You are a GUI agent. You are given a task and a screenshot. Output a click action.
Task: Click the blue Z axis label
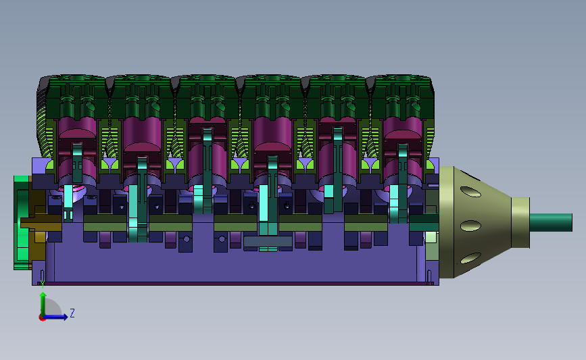pyautogui.click(x=72, y=313)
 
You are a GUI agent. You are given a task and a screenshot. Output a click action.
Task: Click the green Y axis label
pyautogui.click(x=43, y=284)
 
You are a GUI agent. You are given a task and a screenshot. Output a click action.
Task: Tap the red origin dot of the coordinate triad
pyautogui.click(x=42, y=318)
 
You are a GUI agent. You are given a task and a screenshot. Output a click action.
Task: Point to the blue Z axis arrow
pyautogui.click(x=55, y=317)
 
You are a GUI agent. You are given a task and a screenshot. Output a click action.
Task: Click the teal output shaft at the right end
pyautogui.click(x=551, y=223)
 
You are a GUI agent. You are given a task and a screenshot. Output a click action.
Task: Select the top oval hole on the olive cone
pyautogui.click(x=470, y=192)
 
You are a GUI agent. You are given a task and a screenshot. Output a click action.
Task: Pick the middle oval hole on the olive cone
pyautogui.click(x=470, y=226)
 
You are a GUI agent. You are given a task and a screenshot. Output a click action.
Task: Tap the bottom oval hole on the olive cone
pyautogui.click(x=470, y=258)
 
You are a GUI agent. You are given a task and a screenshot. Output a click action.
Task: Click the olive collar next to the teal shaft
pyautogui.click(x=520, y=223)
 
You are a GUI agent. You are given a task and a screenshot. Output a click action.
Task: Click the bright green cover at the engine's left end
pyautogui.click(x=22, y=223)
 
